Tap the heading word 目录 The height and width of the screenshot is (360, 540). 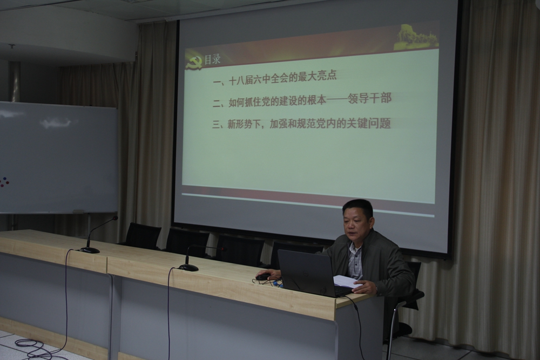tap(212, 60)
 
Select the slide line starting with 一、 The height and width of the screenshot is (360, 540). tap(275, 78)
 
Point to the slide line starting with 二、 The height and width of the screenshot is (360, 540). tap(302, 100)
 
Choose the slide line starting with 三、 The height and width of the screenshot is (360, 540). tap(302, 123)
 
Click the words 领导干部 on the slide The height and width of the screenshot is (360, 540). tap(370, 99)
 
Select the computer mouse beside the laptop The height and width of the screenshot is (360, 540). tap(263, 277)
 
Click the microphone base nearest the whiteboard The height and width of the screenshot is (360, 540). tap(90, 250)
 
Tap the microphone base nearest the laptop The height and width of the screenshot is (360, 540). tap(188, 267)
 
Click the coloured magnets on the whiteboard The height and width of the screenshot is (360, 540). tap(4, 182)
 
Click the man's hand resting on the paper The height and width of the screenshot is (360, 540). tap(363, 287)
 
